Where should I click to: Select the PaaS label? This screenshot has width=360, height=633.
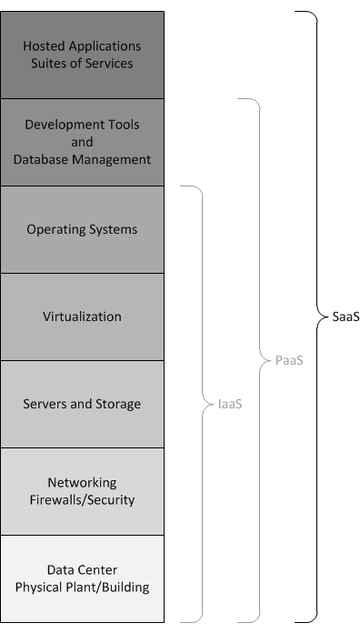289,360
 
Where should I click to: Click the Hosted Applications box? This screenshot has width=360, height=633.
82,55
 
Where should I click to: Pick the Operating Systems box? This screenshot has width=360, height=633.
82,229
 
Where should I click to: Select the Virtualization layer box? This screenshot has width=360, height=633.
82,316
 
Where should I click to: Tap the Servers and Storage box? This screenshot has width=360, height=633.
82,404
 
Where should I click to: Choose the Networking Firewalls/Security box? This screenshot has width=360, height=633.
82,491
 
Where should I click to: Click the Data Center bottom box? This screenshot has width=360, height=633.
82,578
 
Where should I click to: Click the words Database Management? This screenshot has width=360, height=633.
82,159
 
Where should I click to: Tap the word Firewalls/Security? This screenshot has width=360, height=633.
82,500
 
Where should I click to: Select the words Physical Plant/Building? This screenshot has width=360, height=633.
82,588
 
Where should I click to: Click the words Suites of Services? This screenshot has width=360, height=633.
82,64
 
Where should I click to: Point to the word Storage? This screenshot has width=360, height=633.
119,404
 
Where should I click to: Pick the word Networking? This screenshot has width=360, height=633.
82,482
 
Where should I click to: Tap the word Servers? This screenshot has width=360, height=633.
45,404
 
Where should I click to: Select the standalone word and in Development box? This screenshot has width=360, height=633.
82,142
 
